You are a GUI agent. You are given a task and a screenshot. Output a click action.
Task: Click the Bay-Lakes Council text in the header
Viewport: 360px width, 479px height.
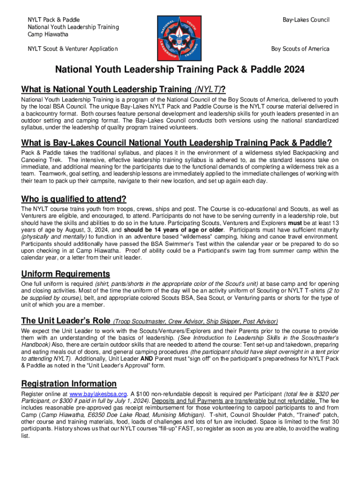306,20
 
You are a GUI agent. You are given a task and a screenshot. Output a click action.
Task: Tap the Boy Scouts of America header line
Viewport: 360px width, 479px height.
300,49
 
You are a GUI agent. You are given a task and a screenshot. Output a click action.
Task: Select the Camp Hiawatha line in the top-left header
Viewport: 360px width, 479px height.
48,34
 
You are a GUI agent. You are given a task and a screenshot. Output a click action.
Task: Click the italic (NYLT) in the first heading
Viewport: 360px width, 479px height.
208,89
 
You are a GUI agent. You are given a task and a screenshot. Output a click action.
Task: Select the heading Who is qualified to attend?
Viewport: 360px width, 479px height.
74,199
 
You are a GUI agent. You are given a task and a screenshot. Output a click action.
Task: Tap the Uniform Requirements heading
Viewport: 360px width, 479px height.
65,274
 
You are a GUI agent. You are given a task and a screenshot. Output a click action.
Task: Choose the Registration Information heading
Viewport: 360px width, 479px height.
69,384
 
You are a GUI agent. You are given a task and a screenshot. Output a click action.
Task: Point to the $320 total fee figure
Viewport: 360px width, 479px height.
316,394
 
